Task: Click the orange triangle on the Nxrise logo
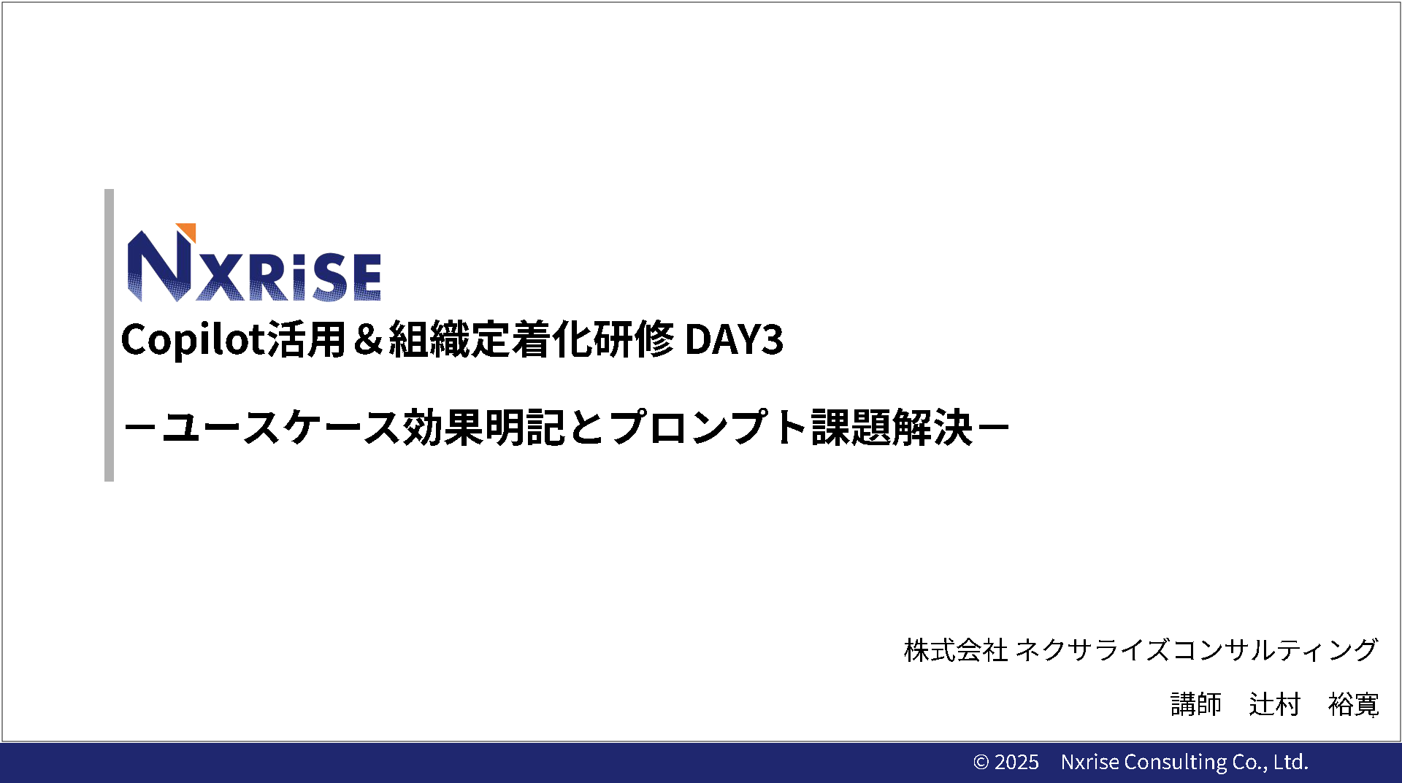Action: (189, 230)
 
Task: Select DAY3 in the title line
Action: (734, 339)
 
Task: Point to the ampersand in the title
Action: (367, 339)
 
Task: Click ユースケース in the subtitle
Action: (281, 428)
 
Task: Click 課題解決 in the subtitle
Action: (892, 428)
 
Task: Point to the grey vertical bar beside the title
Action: (109, 336)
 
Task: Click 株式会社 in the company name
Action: (956, 650)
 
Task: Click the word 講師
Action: (1196, 705)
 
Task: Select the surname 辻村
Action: (1275, 705)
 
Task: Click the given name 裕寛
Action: (1353, 705)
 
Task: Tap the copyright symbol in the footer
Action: (981, 763)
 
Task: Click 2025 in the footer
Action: (1016, 763)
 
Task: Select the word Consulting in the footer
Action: (1176, 763)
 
